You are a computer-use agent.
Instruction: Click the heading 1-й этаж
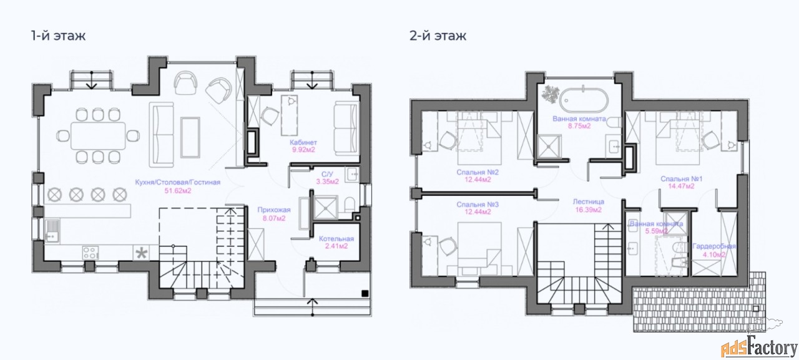pyautogui.click(x=58, y=36)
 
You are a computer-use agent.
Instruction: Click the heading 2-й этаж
pyautogui.click(x=438, y=36)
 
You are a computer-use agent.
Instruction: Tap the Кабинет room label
pyautogui.click(x=303, y=142)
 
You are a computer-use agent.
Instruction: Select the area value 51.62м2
pyautogui.click(x=178, y=191)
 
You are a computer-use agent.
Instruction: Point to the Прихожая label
pyautogui.click(x=274, y=210)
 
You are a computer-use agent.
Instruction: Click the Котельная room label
pyautogui.click(x=336, y=239)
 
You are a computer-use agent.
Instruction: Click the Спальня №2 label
pyautogui.click(x=478, y=172)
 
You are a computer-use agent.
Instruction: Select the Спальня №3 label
pyautogui.click(x=478, y=205)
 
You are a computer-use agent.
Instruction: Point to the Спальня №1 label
pyautogui.click(x=681, y=178)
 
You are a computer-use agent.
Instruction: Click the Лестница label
pyautogui.click(x=589, y=202)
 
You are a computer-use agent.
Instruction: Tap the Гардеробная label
pyautogui.click(x=713, y=246)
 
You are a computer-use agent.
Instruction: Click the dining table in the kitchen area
pyautogui.click(x=98, y=136)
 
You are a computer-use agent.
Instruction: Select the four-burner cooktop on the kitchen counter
pyautogui.click(x=91, y=253)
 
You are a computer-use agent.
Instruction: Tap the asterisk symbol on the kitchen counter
pyautogui.click(x=142, y=253)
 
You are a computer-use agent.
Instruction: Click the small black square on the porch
pyautogui.click(x=365, y=294)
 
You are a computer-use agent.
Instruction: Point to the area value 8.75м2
pyautogui.click(x=579, y=126)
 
